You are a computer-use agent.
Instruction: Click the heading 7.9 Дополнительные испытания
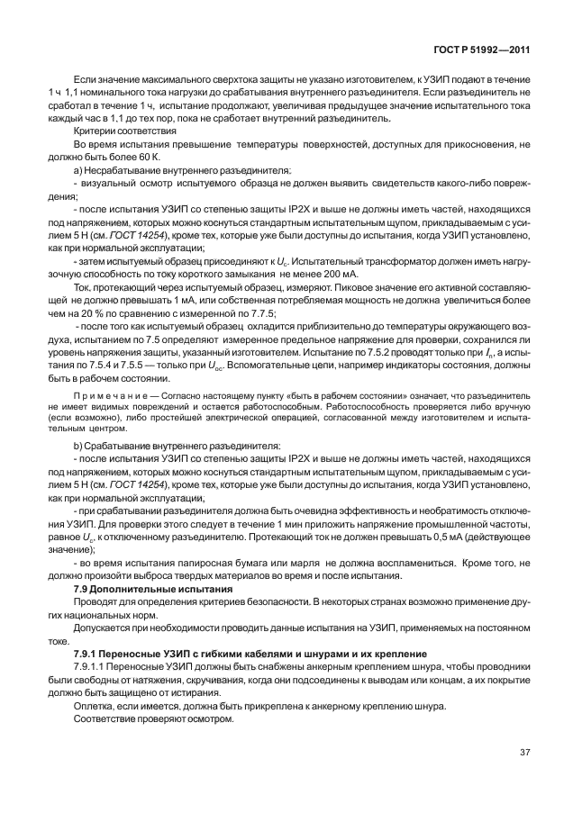point(146,587)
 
